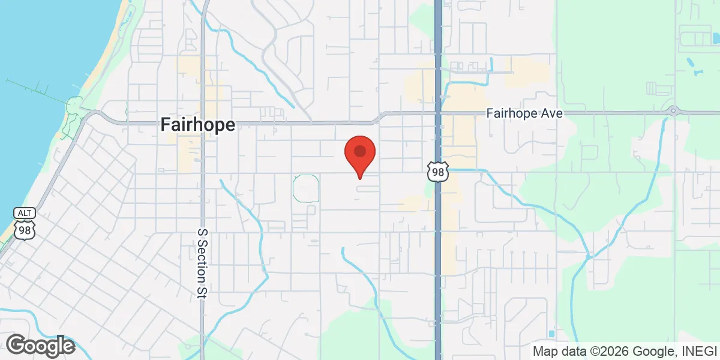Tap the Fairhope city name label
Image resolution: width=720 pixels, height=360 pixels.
pyautogui.click(x=198, y=125)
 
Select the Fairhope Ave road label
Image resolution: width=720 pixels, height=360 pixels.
pyautogui.click(x=524, y=113)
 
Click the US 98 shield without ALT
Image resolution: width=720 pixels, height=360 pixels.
pyautogui.click(x=437, y=172)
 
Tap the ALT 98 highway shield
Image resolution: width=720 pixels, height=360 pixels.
pyautogui.click(x=24, y=229)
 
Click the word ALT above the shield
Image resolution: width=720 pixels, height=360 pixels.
pyautogui.click(x=24, y=214)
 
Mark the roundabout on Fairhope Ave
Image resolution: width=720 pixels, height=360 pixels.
pyautogui.click(x=673, y=110)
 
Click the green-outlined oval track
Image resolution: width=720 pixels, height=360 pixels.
pyautogui.click(x=305, y=188)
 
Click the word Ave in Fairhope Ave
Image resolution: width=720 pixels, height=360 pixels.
pyautogui.click(x=551, y=113)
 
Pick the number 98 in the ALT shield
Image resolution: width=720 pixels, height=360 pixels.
pyautogui.click(x=24, y=231)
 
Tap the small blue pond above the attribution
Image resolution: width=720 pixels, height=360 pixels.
pyautogui.click(x=551, y=334)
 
